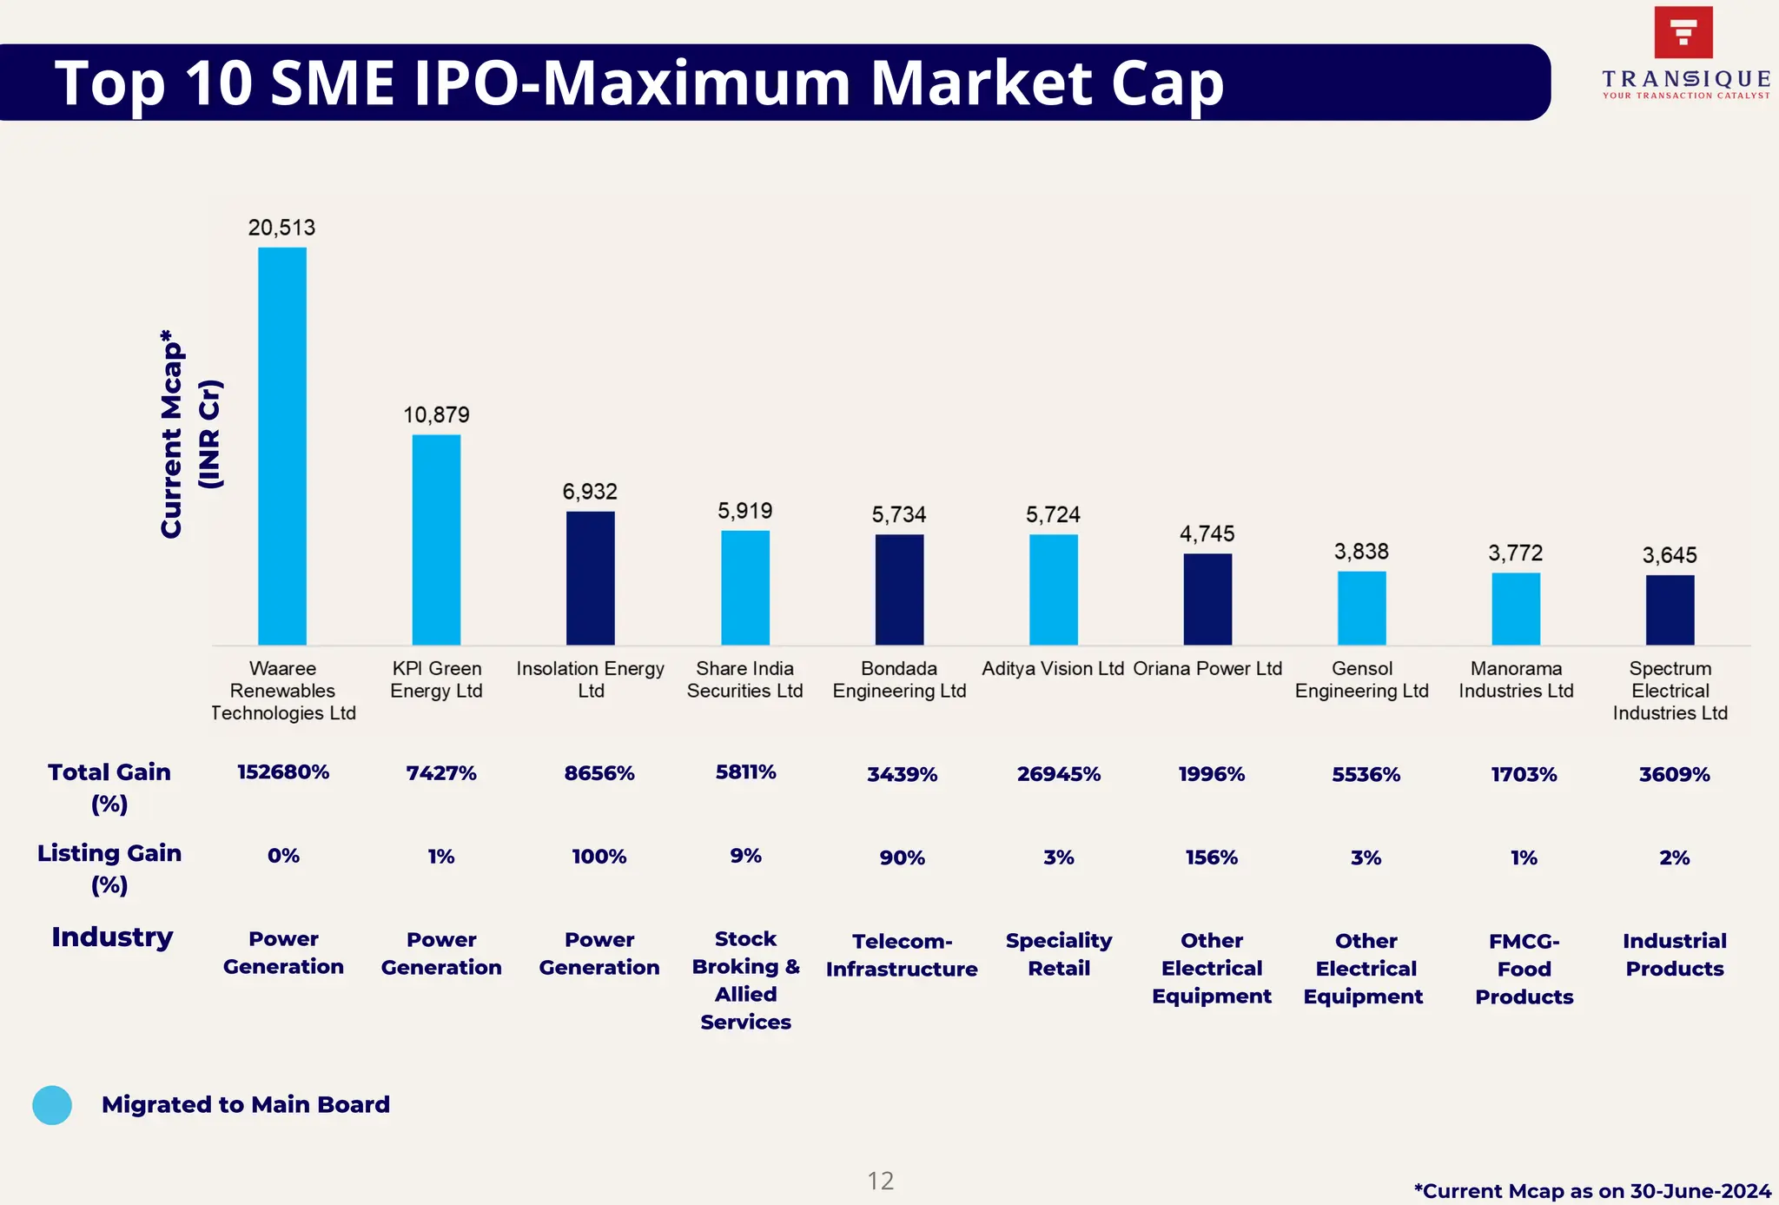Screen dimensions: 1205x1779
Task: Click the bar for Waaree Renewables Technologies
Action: click(282, 446)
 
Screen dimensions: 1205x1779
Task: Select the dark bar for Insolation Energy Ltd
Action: click(591, 578)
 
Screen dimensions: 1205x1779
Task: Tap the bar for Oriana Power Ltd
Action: click(1207, 599)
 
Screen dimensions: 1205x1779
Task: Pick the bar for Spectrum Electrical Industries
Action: click(1670, 609)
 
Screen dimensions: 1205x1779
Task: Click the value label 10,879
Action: click(436, 415)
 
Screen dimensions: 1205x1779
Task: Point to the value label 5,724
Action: click(1053, 515)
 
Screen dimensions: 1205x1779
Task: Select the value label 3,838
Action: click(1361, 552)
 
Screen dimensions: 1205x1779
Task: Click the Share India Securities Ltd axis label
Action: click(744, 679)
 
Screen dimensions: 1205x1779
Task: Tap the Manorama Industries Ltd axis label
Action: click(1516, 679)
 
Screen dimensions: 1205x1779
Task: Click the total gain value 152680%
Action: click(283, 772)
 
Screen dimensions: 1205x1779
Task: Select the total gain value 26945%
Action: click(1059, 774)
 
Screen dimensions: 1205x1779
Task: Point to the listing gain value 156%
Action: click(1211, 857)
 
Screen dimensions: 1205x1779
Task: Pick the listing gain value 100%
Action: click(599, 857)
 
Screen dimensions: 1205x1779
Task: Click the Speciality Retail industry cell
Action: click(1059, 954)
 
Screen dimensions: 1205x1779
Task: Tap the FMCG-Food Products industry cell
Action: click(1524, 969)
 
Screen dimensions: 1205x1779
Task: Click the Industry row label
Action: click(112, 937)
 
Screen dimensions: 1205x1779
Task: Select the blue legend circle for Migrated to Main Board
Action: click(52, 1105)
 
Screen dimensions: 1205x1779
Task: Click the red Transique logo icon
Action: click(1683, 32)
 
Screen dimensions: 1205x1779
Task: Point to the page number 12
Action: click(880, 1181)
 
